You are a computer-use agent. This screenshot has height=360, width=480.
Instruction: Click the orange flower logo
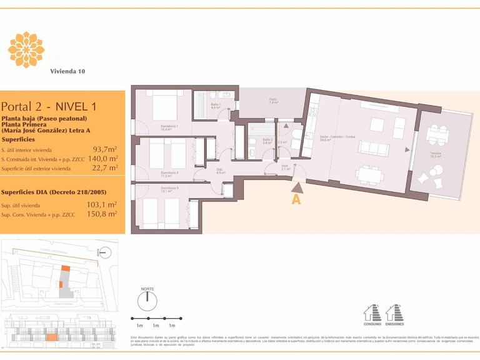point(26,49)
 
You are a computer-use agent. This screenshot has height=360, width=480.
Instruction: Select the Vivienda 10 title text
point(67,71)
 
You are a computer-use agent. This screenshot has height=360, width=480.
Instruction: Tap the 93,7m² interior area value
point(105,149)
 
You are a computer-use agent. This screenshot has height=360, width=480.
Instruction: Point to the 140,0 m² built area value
point(104,159)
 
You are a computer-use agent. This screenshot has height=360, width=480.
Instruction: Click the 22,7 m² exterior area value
point(105,167)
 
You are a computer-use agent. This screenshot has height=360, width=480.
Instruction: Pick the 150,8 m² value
point(104,214)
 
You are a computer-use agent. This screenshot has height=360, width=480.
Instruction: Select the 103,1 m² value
point(104,204)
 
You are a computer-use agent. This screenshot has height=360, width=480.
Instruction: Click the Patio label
point(273,100)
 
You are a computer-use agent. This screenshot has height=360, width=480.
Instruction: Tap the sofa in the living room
point(373,149)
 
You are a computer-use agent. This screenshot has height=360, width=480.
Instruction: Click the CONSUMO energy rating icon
point(372,312)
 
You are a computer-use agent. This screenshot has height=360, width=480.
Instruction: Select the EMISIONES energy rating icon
point(394,312)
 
